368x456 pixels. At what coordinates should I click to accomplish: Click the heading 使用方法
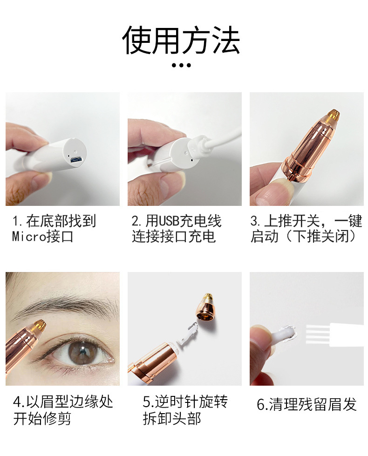pos(181,40)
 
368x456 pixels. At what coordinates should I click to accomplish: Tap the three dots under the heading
pos(181,65)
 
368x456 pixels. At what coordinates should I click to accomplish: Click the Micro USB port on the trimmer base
pos(75,160)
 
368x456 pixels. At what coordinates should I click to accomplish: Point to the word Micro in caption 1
pos(29,237)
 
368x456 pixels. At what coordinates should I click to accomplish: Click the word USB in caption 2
pos(169,221)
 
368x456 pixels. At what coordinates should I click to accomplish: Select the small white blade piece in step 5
pos(188,334)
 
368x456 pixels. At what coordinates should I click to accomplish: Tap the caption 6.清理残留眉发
pos(307,404)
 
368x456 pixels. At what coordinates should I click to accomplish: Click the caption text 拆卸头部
pos(172,418)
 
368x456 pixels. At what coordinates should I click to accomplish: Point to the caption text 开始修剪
pos(42,418)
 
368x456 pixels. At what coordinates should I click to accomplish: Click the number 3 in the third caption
pos(254,221)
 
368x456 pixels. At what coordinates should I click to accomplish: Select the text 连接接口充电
pos(174,237)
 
